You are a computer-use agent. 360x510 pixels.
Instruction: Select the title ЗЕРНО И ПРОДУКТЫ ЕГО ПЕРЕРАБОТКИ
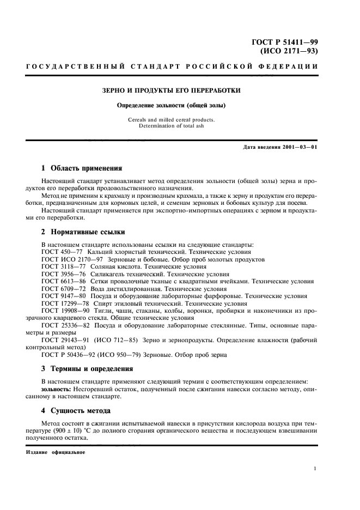[x=172, y=90]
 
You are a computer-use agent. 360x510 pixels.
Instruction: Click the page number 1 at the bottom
[x=316, y=467]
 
